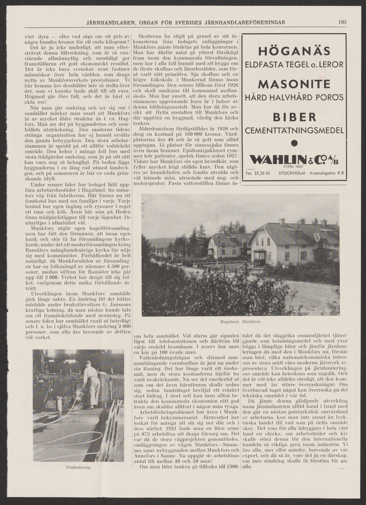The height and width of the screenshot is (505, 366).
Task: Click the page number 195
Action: coord(342,22)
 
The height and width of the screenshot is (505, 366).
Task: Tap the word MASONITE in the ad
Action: coord(294,83)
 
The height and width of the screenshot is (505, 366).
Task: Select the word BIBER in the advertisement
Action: coord(294,117)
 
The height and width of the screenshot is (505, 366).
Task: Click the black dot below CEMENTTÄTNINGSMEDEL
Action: coord(294,143)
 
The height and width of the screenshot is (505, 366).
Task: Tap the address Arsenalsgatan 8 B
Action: coord(326,173)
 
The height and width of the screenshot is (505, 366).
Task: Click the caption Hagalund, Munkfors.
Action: coord(240,322)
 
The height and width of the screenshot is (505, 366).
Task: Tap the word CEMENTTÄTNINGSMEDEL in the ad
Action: coord(294,131)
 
